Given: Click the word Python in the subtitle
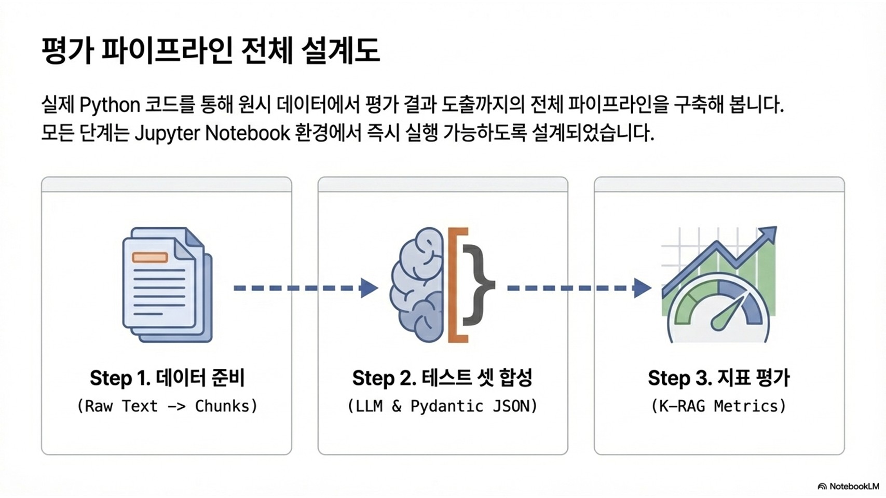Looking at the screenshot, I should pyautogui.click(x=110, y=105).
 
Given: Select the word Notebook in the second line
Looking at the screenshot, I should pyautogui.click(x=248, y=133).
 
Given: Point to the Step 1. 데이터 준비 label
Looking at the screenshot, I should pyautogui.click(x=167, y=378).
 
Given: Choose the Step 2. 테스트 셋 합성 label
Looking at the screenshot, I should pyautogui.click(x=442, y=378).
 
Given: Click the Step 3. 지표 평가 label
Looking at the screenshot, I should pyautogui.click(x=718, y=378).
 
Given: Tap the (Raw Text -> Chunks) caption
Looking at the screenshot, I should pyautogui.click(x=167, y=406).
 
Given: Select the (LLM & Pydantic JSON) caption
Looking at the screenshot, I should pyautogui.click(x=442, y=406).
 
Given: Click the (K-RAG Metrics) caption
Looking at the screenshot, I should pyautogui.click(x=718, y=406).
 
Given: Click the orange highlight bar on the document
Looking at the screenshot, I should pyautogui.click(x=150, y=257).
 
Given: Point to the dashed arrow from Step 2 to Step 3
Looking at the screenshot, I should pyautogui.click(x=579, y=287).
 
